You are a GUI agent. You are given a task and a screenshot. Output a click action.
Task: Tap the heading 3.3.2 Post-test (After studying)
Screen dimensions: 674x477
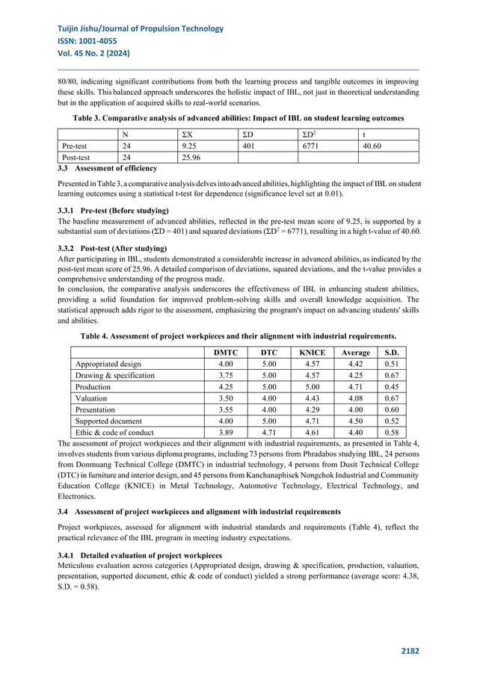pyautogui.click(x=114, y=245)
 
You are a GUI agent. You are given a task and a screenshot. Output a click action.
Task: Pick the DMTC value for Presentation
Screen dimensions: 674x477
pyautogui.click(x=218, y=409)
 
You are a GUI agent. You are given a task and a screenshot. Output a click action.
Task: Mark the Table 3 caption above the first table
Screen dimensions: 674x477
pyautogui.click(x=238, y=119)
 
